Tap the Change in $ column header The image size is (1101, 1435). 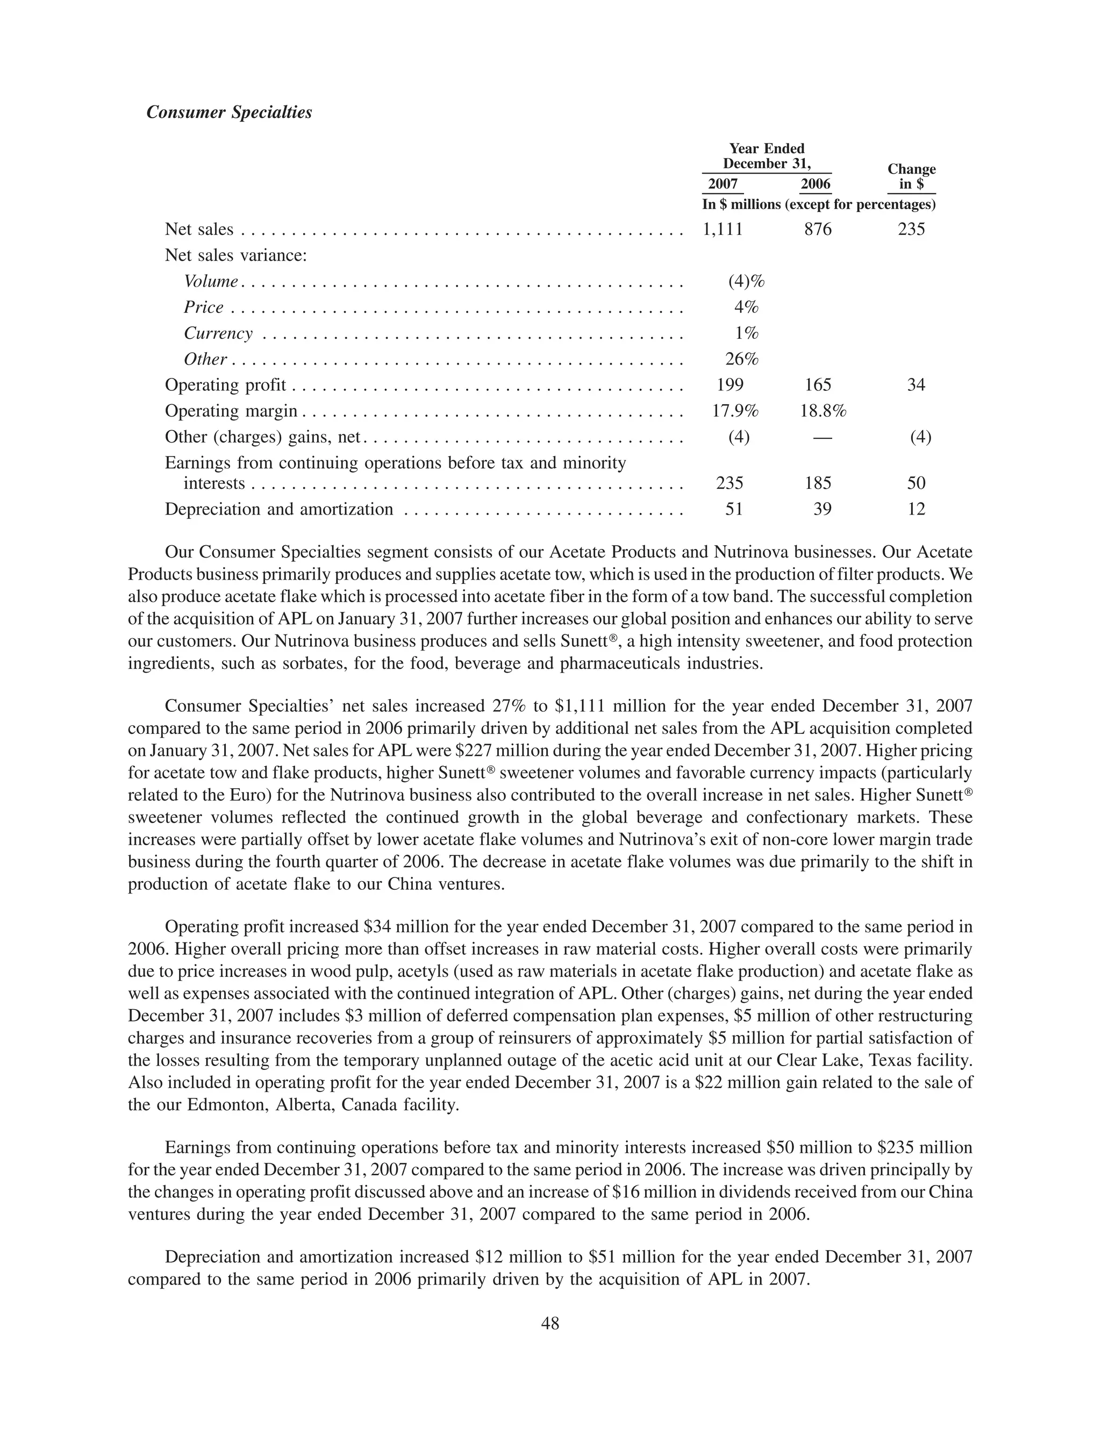coord(912,177)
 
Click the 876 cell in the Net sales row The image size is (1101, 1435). coord(817,230)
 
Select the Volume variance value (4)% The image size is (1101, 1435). coord(746,281)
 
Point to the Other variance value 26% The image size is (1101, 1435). coord(741,359)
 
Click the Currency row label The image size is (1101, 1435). coord(218,333)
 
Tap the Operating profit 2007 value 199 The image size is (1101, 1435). coord(730,385)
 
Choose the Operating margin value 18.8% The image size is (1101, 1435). coord(823,411)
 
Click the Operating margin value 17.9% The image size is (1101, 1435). coord(735,411)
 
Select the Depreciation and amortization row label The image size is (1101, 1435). coord(278,510)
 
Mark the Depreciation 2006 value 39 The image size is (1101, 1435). coord(822,510)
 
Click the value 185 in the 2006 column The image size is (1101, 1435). coord(817,483)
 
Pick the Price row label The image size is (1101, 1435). coord(204,308)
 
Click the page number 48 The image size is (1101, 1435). coord(550,1324)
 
